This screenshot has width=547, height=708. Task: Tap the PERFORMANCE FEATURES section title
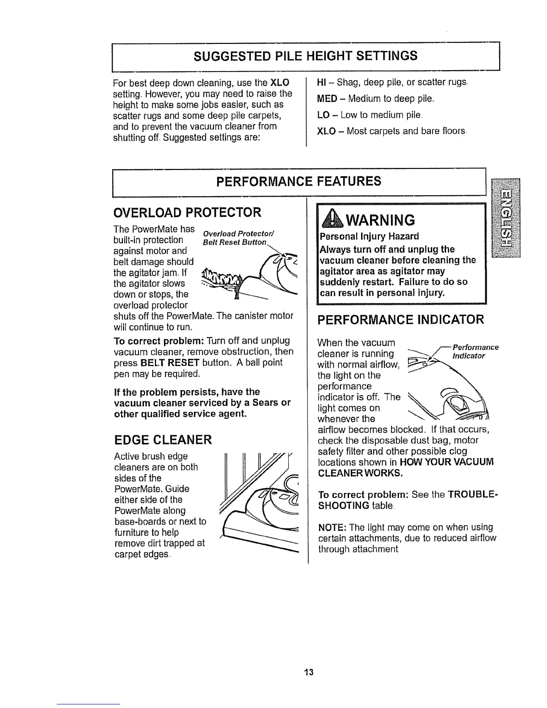pos(299,181)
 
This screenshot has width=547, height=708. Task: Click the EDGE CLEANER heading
pos(163,440)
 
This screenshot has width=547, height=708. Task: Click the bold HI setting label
pos(321,83)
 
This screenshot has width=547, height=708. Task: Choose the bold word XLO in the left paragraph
pos(280,83)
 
